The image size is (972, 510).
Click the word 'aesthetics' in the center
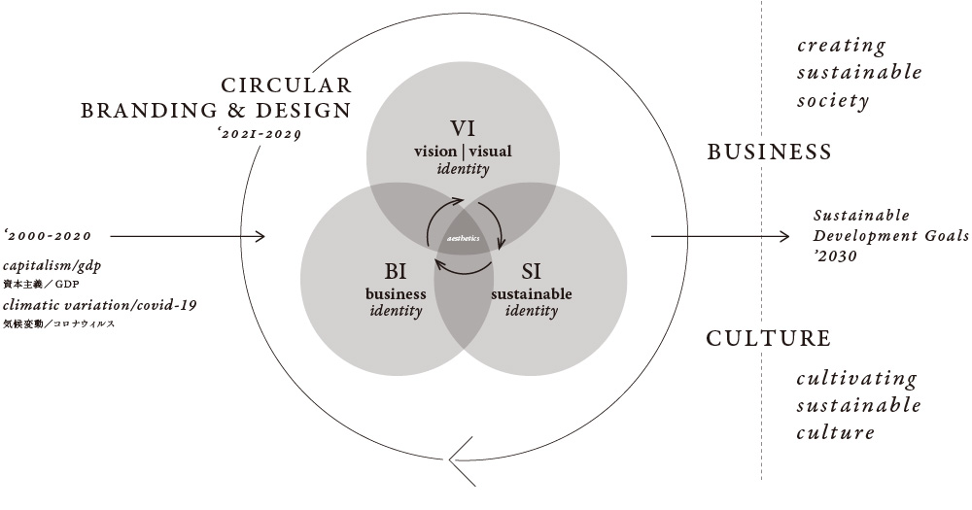click(x=463, y=238)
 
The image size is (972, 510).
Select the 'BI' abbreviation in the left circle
click(x=396, y=271)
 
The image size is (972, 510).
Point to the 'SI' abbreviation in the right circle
click(x=531, y=271)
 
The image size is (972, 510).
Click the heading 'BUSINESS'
click(x=769, y=152)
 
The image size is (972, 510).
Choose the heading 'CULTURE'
click(x=768, y=338)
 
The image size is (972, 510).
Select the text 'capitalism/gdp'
click(x=52, y=265)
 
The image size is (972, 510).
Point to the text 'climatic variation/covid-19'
click(x=100, y=305)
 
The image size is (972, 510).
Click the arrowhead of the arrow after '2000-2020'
click(x=260, y=236)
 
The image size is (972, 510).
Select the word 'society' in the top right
click(x=832, y=100)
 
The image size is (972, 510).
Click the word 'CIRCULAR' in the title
click(x=286, y=85)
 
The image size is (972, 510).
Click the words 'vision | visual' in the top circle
click(x=463, y=151)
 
